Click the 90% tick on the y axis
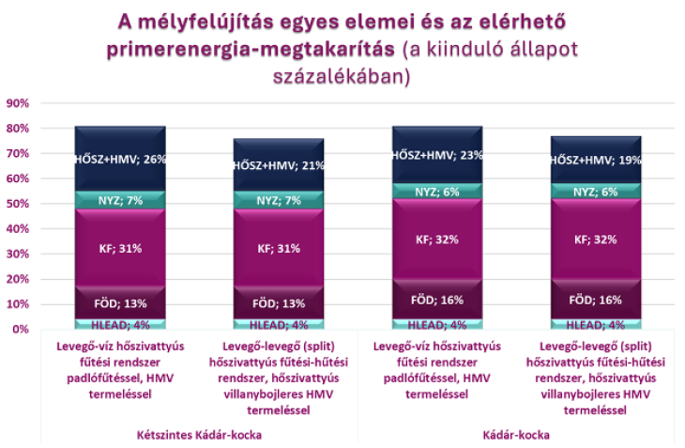pyautogui.click(x=19, y=102)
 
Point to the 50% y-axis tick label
pyautogui.click(x=19, y=203)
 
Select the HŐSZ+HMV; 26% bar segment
pyautogui.click(x=121, y=158)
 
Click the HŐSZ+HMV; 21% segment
pyautogui.click(x=280, y=165)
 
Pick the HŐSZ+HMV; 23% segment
pyautogui.click(x=437, y=156)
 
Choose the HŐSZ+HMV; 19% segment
pyautogui.click(x=595, y=161)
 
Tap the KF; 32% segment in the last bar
pyautogui.click(x=595, y=239)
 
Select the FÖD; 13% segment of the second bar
pyautogui.click(x=280, y=303)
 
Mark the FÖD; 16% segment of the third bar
pyautogui.click(x=437, y=300)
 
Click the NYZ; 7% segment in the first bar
pyautogui.click(x=121, y=199)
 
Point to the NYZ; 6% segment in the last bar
pyautogui.click(x=595, y=192)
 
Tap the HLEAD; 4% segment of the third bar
pyautogui.click(x=437, y=325)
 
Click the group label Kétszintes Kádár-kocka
pyautogui.click(x=200, y=435)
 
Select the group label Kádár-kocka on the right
pyautogui.click(x=516, y=435)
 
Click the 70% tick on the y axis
pyautogui.click(x=19, y=153)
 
